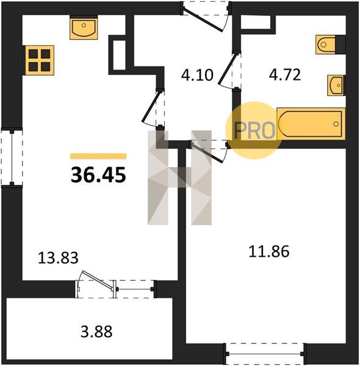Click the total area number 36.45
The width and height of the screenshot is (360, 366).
(x=98, y=175)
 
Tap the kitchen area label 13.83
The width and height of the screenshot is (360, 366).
(x=58, y=258)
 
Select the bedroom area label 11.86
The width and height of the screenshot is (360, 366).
(x=269, y=251)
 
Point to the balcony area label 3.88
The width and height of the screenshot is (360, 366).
(x=96, y=331)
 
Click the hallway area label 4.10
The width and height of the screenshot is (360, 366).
(x=197, y=75)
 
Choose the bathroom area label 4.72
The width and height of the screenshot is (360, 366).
(x=285, y=75)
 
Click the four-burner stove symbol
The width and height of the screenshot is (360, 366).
(x=40, y=60)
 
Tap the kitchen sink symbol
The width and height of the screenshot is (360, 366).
(x=84, y=28)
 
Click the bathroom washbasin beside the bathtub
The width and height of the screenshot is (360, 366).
(x=336, y=85)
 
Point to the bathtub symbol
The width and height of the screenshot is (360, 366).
(x=311, y=124)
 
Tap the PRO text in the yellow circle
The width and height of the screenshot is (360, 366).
(x=254, y=131)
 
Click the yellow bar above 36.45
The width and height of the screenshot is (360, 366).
(x=98, y=156)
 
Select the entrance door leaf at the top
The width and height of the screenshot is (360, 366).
(x=203, y=19)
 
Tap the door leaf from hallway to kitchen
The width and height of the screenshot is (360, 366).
(x=151, y=106)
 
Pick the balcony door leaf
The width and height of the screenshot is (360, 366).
(x=97, y=280)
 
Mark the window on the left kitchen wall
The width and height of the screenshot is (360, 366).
(x=12, y=157)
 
